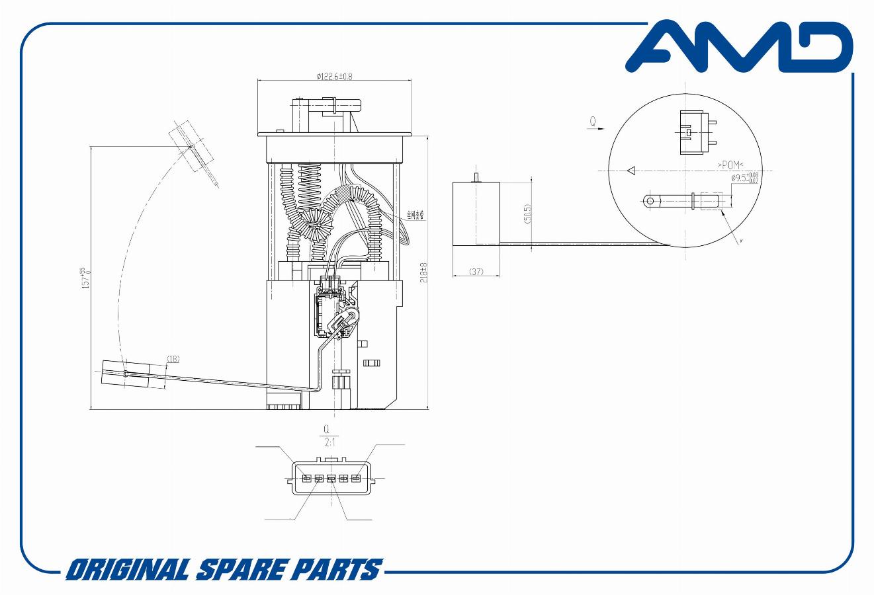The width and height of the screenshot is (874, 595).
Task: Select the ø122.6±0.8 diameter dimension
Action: click(x=334, y=76)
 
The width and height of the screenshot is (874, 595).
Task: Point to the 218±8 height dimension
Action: click(x=424, y=272)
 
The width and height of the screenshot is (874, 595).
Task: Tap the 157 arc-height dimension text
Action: click(x=85, y=278)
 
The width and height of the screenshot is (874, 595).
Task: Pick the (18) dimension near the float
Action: click(x=173, y=359)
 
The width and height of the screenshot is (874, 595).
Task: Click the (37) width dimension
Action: click(x=476, y=272)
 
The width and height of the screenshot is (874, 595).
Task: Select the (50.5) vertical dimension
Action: click(x=527, y=213)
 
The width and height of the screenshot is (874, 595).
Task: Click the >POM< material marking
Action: click(x=730, y=164)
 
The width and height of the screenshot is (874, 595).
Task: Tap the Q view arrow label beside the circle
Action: click(x=593, y=122)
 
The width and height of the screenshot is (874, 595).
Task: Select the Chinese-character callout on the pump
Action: click(x=415, y=215)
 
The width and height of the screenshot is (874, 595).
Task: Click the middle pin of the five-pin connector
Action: click(x=331, y=478)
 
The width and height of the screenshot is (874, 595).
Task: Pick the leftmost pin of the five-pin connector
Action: click(x=306, y=478)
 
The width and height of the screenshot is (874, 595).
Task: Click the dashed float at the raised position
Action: click(x=191, y=147)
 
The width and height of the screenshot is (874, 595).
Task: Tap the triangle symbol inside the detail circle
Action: click(x=631, y=171)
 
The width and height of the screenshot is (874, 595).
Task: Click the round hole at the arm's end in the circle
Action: click(x=650, y=200)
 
